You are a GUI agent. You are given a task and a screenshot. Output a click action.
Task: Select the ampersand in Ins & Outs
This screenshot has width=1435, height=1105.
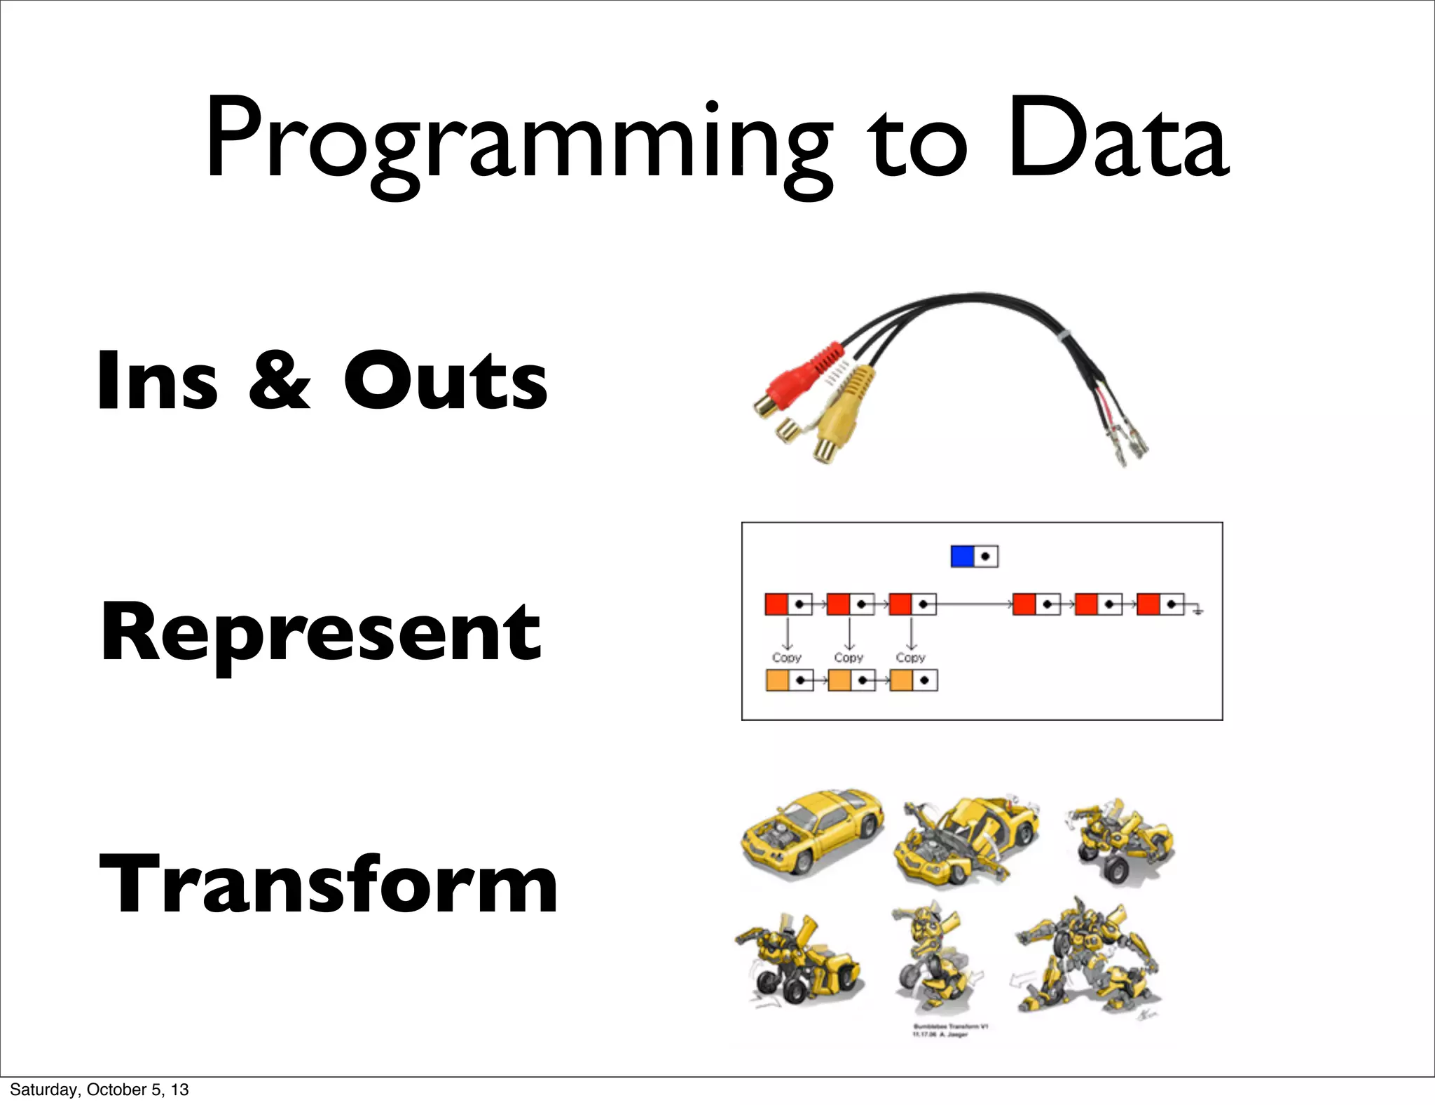[279, 380]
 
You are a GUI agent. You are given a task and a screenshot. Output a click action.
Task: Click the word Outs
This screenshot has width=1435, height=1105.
[445, 380]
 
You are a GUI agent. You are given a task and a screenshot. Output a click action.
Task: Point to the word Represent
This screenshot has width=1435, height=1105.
[321, 632]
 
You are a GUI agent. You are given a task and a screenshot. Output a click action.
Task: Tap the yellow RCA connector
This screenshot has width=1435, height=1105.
[844, 421]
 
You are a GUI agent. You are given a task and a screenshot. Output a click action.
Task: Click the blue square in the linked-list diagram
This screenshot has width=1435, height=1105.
[962, 557]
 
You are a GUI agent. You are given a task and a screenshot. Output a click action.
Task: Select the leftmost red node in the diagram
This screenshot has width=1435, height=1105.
[776, 604]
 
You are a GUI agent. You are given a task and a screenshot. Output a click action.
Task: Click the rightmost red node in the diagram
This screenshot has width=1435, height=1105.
[1148, 604]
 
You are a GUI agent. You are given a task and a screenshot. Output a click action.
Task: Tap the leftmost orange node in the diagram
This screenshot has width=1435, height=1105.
[778, 681]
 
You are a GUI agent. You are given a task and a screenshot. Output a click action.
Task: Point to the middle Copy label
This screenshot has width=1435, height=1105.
[849, 658]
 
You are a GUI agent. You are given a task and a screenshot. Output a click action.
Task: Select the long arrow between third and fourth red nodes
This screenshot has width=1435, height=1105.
[974, 604]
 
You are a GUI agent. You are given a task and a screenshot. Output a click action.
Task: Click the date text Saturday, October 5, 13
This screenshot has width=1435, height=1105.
[99, 1090]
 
